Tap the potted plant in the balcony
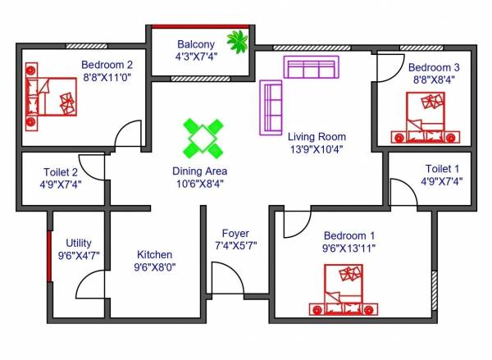pyautogui.click(x=239, y=42)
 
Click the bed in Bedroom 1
pyautogui.click(x=344, y=290)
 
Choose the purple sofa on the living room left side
pyautogui.click(x=271, y=107)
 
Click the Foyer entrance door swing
pyautogui.click(x=223, y=275)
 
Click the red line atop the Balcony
pyautogui.click(x=200, y=26)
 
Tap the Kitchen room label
pyautogui.click(x=154, y=254)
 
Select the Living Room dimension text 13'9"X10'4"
pyautogui.click(x=317, y=150)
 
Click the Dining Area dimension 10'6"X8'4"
pyautogui.click(x=199, y=184)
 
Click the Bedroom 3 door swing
pyautogui.click(x=389, y=68)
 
